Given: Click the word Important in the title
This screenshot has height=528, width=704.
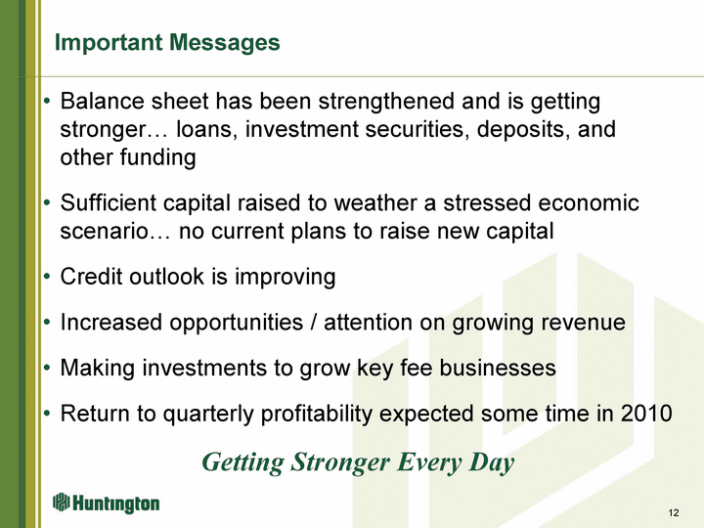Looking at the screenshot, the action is [109, 43].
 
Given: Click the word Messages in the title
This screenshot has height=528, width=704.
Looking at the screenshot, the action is [225, 42].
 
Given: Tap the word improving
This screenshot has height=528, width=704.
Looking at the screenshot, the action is [286, 277].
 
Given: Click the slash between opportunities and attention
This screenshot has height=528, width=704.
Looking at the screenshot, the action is [314, 323].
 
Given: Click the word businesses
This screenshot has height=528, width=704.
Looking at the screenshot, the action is [498, 368].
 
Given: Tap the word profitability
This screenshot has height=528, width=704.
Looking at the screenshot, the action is [317, 414].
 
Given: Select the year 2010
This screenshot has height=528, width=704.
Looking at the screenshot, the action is [646, 414].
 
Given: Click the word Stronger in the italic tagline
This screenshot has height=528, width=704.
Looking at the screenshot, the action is [340, 462].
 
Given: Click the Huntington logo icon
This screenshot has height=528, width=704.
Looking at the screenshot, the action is [61, 503].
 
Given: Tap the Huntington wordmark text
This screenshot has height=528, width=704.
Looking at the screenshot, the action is [115, 504].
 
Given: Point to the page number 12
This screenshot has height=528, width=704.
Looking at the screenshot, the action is [674, 512].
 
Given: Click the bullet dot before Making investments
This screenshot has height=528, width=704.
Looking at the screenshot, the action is [47, 369].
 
